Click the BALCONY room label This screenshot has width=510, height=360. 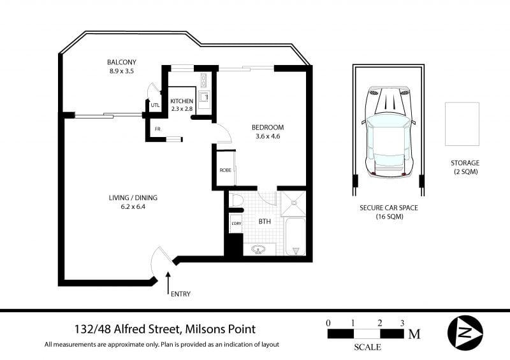122,62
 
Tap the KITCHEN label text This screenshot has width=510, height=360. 182,101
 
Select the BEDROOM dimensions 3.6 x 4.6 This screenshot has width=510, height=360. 268,136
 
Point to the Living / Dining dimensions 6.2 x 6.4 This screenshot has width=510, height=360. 133,206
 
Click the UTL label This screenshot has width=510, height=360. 155,105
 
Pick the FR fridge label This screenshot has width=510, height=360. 157,129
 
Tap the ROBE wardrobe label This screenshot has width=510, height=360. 226,170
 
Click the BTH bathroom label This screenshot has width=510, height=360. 265,222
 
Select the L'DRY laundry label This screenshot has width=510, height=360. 236,224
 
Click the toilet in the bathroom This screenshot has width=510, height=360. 234,199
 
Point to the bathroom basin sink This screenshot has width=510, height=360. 259,250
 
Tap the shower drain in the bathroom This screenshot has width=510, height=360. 294,203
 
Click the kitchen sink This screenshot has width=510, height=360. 204,97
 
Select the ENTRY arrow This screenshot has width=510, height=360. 168,284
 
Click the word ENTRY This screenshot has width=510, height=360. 180,294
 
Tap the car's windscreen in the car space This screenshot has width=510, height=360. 388,124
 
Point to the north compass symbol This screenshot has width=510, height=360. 465,333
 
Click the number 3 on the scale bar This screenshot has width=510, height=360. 402,323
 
